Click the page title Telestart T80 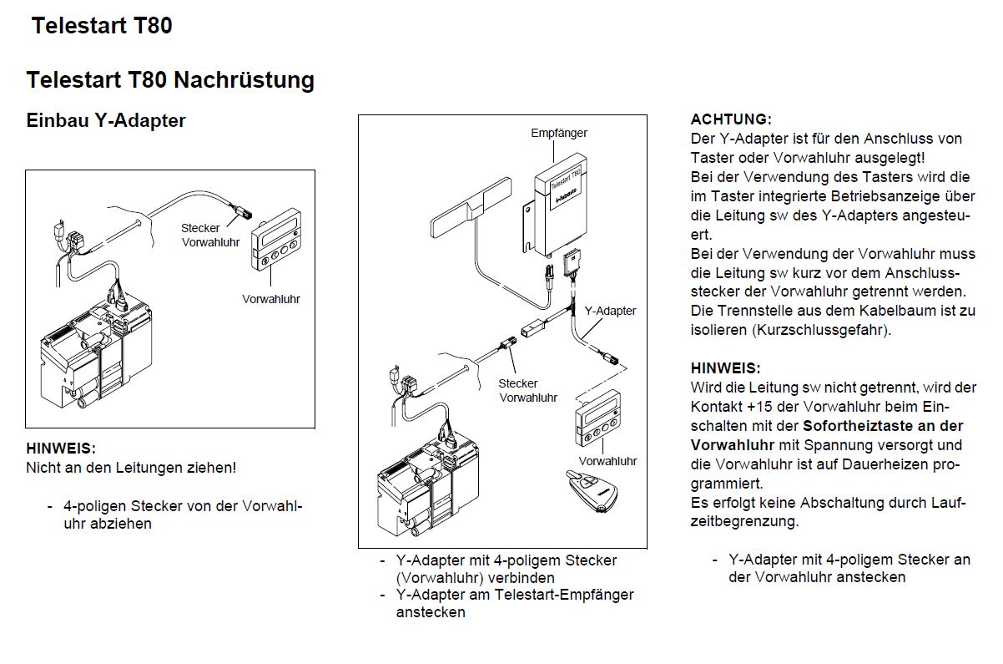102,26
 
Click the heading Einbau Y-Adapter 106,120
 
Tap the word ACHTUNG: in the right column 731,119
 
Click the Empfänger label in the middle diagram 559,133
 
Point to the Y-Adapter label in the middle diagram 610,311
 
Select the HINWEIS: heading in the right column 726,367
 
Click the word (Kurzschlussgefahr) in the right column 821,329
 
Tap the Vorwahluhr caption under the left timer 271,298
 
